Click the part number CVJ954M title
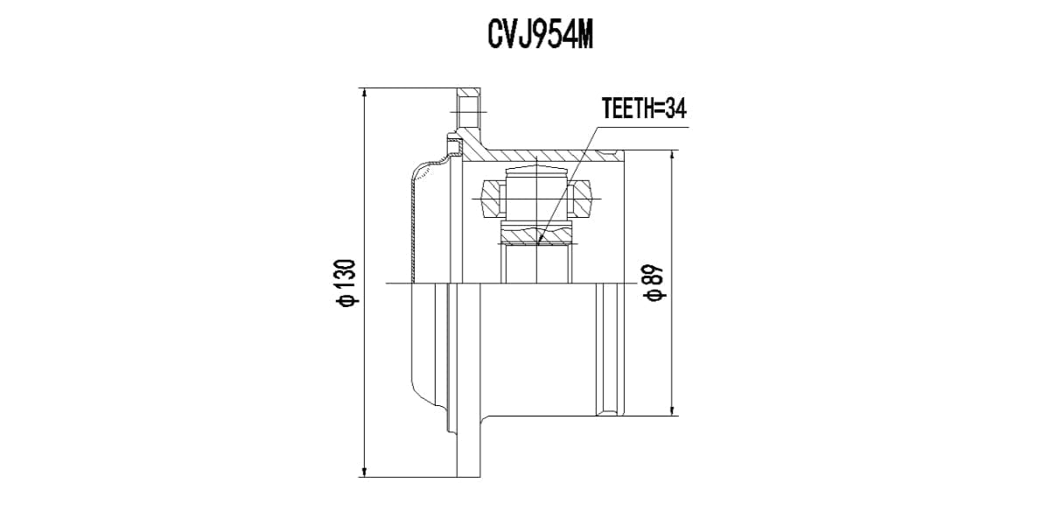coord(540,35)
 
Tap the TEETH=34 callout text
coord(644,108)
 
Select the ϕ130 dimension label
coord(345,283)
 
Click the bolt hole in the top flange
coord(469,112)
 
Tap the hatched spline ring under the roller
coord(535,234)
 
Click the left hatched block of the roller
coord(492,199)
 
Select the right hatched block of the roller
coord(581,199)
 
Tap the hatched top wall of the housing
coord(542,155)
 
